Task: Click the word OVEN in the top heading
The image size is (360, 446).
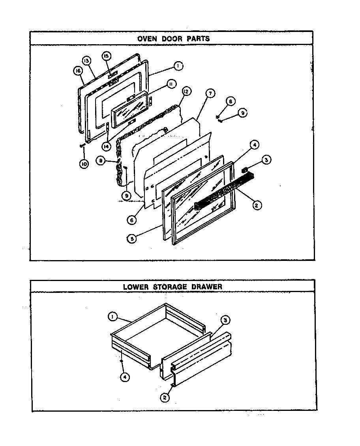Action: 146,39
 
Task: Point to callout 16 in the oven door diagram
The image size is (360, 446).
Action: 77,71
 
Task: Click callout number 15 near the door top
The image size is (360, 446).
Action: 106,56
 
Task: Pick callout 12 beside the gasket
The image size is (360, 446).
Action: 186,91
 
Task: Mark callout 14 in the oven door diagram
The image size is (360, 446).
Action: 106,146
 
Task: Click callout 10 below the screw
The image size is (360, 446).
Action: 83,164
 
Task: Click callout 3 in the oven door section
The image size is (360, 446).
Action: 266,160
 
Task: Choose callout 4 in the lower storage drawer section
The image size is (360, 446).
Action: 125,377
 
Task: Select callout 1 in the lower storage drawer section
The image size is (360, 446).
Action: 112,316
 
